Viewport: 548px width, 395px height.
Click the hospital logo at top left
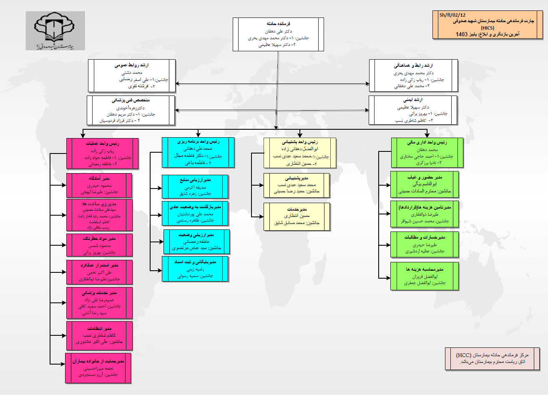(x=55, y=30)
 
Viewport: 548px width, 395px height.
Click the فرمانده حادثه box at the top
(x=278, y=35)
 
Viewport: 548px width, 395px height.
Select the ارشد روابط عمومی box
(x=132, y=75)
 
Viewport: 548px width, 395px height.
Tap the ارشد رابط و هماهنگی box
(x=413, y=75)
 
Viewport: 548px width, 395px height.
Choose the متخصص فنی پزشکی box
(x=131, y=111)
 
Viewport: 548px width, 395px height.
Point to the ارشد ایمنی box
(x=413, y=111)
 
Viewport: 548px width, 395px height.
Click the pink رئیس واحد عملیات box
(x=103, y=153)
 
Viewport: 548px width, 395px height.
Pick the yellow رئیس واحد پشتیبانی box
(x=299, y=153)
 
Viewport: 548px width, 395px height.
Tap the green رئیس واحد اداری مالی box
(x=427, y=153)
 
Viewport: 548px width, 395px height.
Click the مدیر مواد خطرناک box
(x=99, y=245)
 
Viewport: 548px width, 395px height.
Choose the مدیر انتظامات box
(x=99, y=335)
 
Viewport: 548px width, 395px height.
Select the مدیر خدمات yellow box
(x=297, y=216)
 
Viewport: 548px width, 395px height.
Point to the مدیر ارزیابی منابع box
(x=195, y=186)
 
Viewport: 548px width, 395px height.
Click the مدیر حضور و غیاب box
(x=425, y=184)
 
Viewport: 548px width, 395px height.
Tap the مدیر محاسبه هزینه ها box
(x=425, y=276)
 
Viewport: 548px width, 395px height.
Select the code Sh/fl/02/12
(x=452, y=15)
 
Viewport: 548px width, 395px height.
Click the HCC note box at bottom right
(x=492, y=358)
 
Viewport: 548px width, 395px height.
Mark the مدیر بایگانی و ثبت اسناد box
(x=195, y=269)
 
